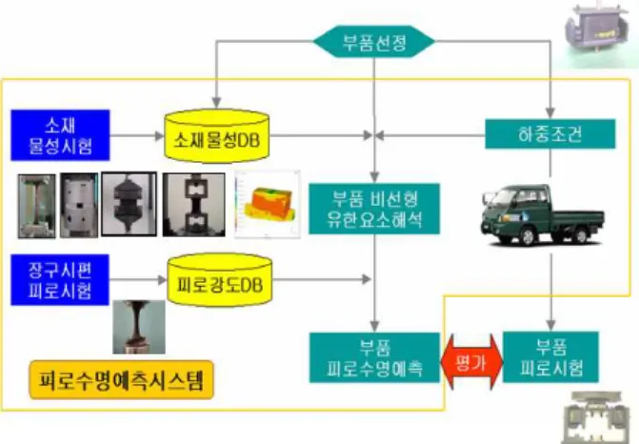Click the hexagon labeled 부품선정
[x=373, y=42]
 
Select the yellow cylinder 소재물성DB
[x=216, y=135]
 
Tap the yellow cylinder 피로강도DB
[x=220, y=280]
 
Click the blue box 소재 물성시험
[x=60, y=135]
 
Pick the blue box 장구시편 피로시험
[x=60, y=280]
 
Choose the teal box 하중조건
[x=550, y=133]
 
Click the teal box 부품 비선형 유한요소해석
[x=374, y=209]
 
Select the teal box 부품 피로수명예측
[x=374, y=357]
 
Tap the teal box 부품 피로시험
[x=551, y=356]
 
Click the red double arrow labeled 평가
[x=472, y=362]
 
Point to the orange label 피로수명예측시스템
[x=122, y=379]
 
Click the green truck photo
[x=542, y=215]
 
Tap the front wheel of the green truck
[x=527, y=236]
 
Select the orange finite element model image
[x=268, y=204]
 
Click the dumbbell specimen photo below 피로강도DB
[x=139, y=327]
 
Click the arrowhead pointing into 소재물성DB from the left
[x=160, y=135]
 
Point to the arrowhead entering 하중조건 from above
[x=550, y=113]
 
